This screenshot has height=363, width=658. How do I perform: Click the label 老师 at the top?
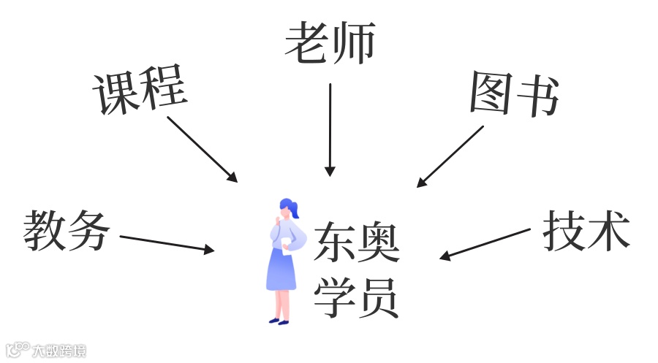pyautogui.click(x=330, y=42)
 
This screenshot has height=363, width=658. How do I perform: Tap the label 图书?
pyautogui.click(x=514, y=94)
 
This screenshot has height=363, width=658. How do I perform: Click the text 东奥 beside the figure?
pyautogui.click(x=357, y=243)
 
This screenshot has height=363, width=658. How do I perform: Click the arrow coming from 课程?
pyautogui.click(x=202, y=149)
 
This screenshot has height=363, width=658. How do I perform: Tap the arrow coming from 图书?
pyautogui.click(x=450, y=156)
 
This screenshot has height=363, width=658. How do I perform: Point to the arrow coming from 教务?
pyautogui.click(x=167, y=243)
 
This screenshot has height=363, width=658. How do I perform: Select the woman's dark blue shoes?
pyautogui.click(x=279, y=320)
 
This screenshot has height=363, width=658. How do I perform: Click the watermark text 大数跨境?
pyautogui.click(x=58, y=351)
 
